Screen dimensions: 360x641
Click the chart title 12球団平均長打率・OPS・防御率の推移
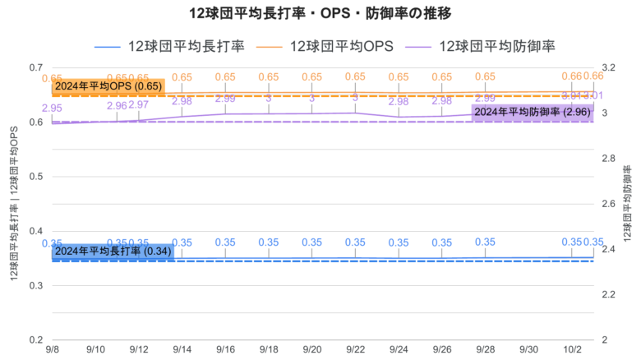[320, 14]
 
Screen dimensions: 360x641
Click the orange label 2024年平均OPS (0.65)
[108, 86]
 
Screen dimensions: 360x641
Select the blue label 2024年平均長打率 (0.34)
[113, 251]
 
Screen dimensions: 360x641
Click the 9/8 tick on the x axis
[52, 350]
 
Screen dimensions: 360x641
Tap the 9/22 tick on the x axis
[355, 350]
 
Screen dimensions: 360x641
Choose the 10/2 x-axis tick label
[571, 350]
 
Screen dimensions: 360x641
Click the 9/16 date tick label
[225, 350]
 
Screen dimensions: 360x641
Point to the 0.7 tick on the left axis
[35, 67]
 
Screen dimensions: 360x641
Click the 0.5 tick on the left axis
[35, 177]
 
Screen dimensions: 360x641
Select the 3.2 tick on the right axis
[608, 67]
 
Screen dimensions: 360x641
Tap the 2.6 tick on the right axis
[608, 204]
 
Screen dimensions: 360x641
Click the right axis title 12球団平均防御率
[627, 202]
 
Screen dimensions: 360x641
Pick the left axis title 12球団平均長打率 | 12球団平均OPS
[15, 203]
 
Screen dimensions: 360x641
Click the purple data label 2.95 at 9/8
[52, 108]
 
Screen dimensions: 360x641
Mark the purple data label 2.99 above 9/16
[225, 99]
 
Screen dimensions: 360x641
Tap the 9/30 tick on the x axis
[528, 350]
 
